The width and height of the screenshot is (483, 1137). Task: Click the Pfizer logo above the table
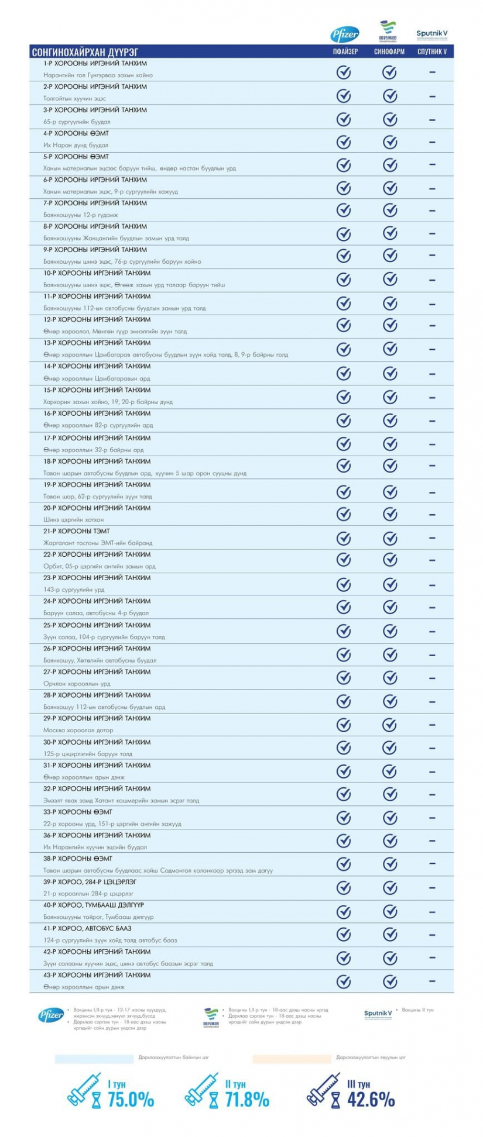tap(344, 34)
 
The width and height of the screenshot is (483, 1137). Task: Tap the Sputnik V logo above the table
tap(432, 35)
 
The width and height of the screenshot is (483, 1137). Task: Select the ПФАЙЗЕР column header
tap(344, 51)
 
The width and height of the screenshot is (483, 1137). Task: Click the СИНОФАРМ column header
tap(389, 51)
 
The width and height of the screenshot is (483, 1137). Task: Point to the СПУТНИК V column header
tap(432, 51)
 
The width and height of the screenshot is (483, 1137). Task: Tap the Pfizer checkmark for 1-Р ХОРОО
tap(344, 73)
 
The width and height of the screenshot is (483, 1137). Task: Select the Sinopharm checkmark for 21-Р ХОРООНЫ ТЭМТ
tap(390, 537)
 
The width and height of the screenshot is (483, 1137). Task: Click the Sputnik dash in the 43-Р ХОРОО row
tap(432, 981)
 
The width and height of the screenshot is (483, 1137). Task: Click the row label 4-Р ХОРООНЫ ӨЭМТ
tap(76, 133)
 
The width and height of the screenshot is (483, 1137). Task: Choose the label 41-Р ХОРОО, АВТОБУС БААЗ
tap(87, 928)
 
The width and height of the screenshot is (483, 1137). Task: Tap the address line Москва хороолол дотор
tap(78, 730)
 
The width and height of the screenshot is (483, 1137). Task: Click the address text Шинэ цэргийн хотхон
tap(74, 519)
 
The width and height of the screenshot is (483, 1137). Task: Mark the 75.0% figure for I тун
tap(131, 1099)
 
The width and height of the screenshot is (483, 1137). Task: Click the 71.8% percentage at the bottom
tap(247, 1099)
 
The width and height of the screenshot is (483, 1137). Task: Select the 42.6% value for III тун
tap(371, 1099)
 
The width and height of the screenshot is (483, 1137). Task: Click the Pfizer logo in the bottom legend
tap(51, 1015)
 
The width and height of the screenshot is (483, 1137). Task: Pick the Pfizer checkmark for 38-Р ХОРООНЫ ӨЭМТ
tap(344, 863)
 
